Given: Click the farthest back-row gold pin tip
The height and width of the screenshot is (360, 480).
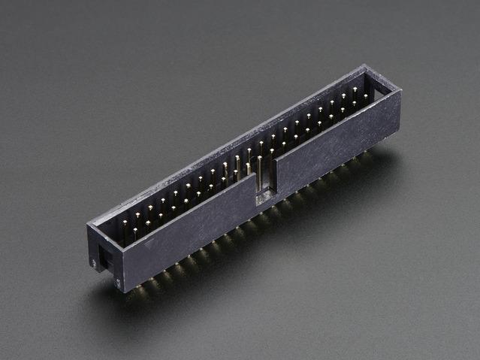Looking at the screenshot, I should [355, 89].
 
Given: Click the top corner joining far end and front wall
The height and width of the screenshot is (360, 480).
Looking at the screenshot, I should [399, 92].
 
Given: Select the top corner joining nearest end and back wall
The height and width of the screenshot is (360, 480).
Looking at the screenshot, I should [89, 223].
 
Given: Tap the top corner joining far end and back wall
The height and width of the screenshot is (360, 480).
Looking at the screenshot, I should [366, 66].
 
